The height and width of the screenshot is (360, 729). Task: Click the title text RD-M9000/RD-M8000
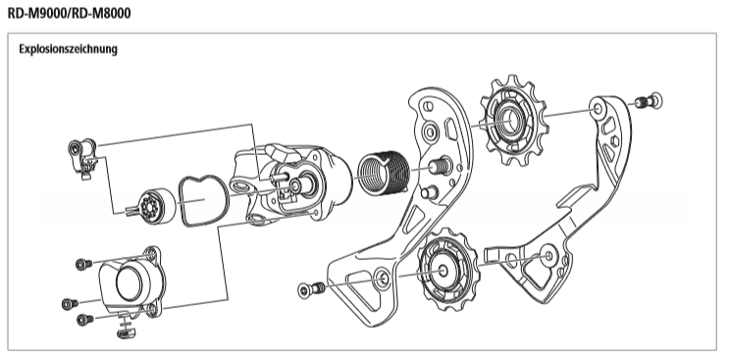coord(70,13)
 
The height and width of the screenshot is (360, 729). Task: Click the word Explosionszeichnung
coord(68,49)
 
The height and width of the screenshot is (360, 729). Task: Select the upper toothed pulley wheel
coord(511,121)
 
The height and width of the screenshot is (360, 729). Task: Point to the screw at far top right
coord(650,101)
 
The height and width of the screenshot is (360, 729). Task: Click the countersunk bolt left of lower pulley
coord(311,289)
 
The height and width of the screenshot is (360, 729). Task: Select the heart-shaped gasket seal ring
coord(204,201)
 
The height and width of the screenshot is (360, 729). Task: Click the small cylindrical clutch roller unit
coord(156,205)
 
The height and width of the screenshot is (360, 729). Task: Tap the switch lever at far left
coord(82,157)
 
